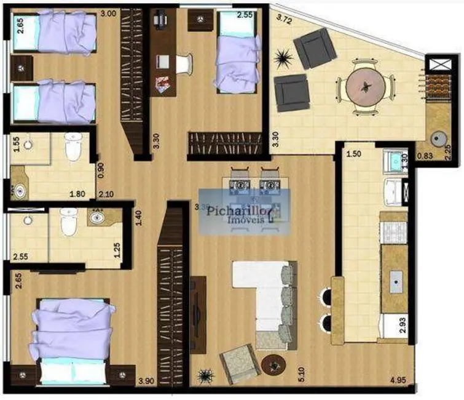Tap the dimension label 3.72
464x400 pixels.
pyautogui.click(x=283, y=19)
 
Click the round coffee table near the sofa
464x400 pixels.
pyautogui.click(x=272, y=364)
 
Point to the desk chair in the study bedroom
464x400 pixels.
pyautogui.click(x=183, y=63)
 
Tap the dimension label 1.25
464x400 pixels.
pyautogui.click(x=117, y=250)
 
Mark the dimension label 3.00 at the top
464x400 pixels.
pyautogui.click(x=108, y=13)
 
